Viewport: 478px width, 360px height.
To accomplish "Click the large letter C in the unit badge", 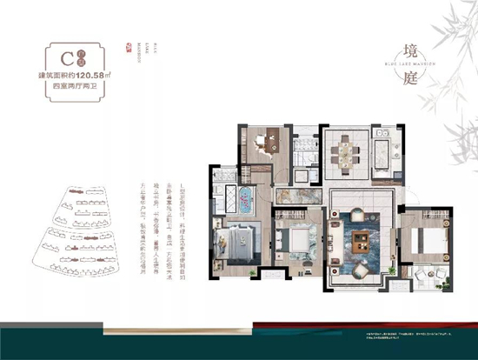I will click(x=58, y=61).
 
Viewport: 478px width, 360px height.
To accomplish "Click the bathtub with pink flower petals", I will click(x=245, y=200).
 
